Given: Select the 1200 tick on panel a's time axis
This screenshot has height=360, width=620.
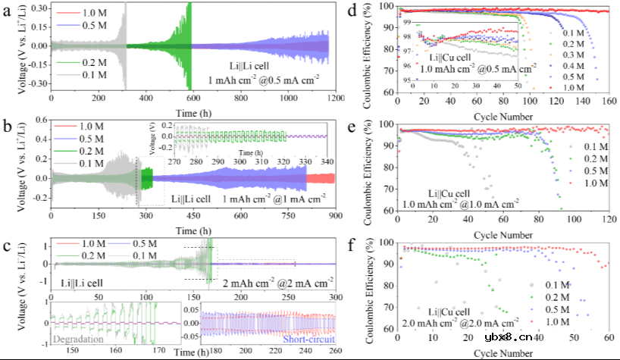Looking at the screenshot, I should [328, 99].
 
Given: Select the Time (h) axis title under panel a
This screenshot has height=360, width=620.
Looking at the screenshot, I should [189, 111].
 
